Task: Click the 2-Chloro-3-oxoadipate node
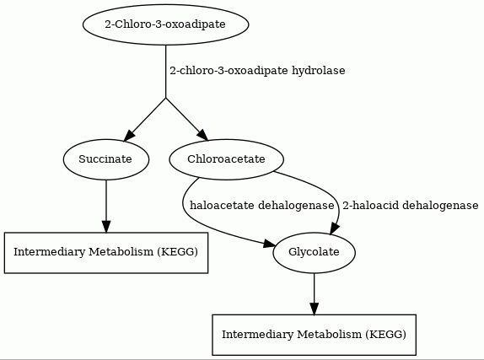click(x=166, y=24)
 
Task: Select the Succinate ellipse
click(x=106, y=159)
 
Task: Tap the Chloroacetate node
click(x=226, y=159)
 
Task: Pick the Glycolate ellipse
click(x=315, y=253)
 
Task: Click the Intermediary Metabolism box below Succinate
click(x=106, y=253)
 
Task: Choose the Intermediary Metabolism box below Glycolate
click(x=315, y=335)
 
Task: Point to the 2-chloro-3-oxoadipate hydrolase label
click(x=257, y=71)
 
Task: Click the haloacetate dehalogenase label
click(x=261, y=206)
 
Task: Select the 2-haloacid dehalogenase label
click(x=411, y=206)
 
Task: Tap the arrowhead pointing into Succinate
click(x=129, y=136)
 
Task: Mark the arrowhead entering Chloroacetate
click(x=203, y=135)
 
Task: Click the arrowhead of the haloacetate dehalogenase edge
click(x=269, y=244)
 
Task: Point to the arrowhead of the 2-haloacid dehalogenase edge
click(x=335, y=229)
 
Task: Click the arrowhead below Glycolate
click(x=315, y=309)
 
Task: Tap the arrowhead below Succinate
click(x=106, y=227)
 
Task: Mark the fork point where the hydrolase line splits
click(x=166, y=98)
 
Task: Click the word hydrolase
click(x=319, y=71)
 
